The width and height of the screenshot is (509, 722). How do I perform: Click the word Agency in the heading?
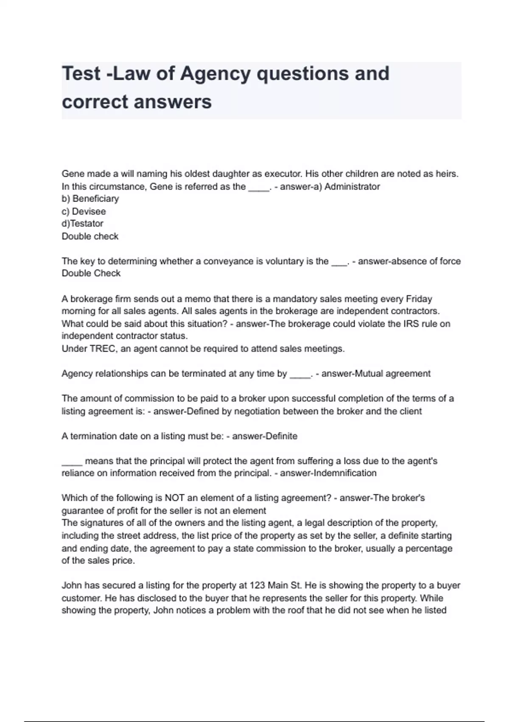coord(215,74)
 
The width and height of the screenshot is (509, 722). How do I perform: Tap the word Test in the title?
coord(81,74)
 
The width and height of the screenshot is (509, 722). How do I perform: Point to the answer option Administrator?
coord(352,186)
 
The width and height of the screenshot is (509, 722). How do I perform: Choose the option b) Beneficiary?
coord(90,199)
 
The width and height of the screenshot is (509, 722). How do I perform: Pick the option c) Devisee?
coord(84,212)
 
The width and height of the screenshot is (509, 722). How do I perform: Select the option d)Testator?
coord(82,224)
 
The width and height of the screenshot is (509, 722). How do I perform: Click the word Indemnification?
coord(344,473)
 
